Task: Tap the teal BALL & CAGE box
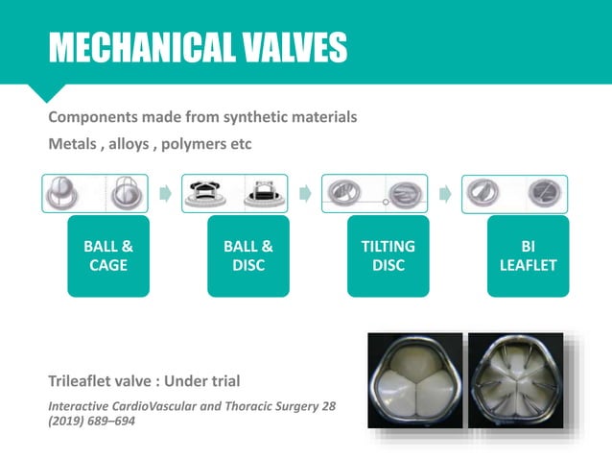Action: (107, 255)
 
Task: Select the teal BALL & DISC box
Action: (248, 255)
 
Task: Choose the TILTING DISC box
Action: (389, 255)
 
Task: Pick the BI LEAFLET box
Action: (528, 255)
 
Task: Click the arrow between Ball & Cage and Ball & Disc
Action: (165, 194)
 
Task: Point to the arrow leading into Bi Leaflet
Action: (446, 194)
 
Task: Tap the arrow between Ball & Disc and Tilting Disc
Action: (306, 194)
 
